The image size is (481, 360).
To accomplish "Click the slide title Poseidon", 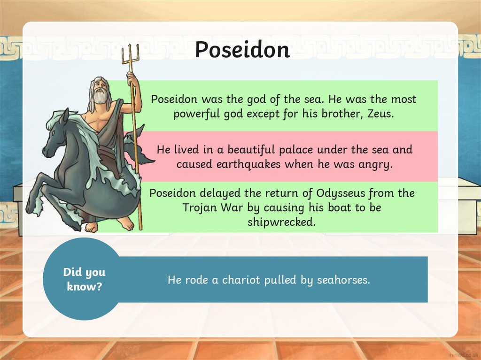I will pos(242,49).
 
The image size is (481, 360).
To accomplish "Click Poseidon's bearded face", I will pos(100,92).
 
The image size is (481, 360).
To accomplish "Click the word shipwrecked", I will pos(281,222).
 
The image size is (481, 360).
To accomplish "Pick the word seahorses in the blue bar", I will pos(343,280).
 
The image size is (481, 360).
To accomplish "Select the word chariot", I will pos(240,280).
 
